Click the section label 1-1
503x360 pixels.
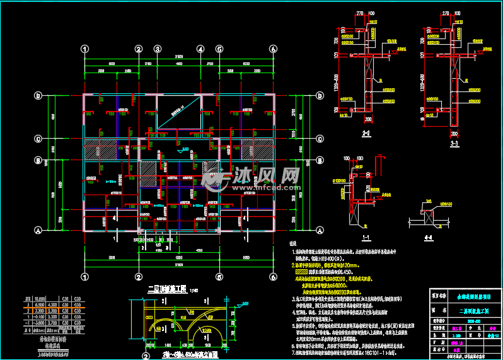(x=365, y=238)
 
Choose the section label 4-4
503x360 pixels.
(x=429, y=238)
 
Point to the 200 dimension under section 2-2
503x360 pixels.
(x=367, y=119)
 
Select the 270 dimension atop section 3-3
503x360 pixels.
(x=448, y=13)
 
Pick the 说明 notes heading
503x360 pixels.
(x=292, y=243)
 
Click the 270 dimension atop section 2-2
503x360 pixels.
(x=361, y=13)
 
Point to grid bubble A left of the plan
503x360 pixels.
(x=38, y=231)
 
